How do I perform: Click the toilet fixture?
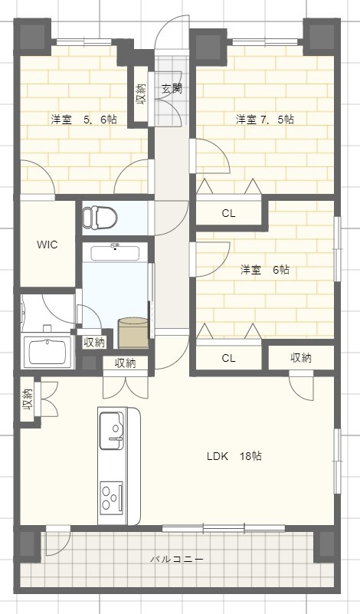click(x=99, y=216)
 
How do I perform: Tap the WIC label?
click(x=47, y=245)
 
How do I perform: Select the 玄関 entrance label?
click(x=171, y=88)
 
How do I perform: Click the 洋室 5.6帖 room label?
click(x=83, y=120)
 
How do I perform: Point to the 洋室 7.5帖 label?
click(x=265, y=120)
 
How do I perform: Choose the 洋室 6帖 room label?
click(x=264, y=270)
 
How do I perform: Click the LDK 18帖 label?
click(x=234, y=455)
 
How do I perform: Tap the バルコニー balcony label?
click(x=176, y=560)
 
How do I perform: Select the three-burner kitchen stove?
click(x=112, y=497)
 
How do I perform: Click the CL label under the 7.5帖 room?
click(x=228, y=214)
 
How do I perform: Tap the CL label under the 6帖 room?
click(x=228, y=358)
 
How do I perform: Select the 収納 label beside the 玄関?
click(x=141, y=94)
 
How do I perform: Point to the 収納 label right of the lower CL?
click(x=301, y=358)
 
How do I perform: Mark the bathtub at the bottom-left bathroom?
click(x=47, y=352)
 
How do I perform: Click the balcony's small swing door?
click(x=55, y=543)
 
